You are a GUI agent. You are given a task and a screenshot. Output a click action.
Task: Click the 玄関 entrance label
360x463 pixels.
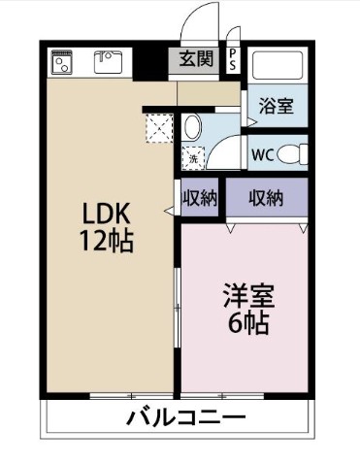click(196, 59)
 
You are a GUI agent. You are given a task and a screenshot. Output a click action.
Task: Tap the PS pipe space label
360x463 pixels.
click(232, 59)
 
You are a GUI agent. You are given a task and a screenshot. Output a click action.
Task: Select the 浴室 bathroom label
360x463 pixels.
click(277, 105)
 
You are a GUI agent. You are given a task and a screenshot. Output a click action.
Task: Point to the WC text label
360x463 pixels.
click(263, 155)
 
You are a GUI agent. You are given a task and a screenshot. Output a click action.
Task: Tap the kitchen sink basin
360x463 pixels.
click(109, 62)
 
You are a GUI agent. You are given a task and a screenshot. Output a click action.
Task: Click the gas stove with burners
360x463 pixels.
click(62, 62)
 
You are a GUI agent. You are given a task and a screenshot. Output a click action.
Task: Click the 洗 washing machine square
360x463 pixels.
click(193, 158)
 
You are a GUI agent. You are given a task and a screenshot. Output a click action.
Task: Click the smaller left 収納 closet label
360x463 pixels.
click(200, 197)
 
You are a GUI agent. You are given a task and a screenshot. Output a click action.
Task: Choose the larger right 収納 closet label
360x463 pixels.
click(266, 197)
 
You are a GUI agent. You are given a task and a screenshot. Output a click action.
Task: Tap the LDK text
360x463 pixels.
click(107, 214)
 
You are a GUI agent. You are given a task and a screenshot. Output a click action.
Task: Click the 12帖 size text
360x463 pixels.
click(107, 241)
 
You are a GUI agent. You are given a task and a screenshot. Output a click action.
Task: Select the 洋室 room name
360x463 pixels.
click(249, 296)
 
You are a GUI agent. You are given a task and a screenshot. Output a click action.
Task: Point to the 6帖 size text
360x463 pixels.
click(248, 322)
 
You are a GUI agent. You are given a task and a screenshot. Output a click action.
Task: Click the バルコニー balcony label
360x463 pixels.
click(185, 417)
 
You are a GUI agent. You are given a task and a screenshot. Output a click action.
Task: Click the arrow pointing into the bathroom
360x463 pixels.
click(252, 122)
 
